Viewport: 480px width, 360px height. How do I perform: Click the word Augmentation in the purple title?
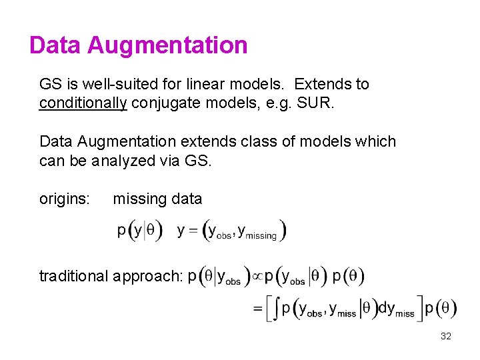[x=167, y=45]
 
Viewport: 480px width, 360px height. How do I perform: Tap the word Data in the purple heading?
[x=55, y=45]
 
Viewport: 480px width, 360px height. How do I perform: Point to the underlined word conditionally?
[x=83, y=103]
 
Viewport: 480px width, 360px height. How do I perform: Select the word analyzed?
[x=125, y=160]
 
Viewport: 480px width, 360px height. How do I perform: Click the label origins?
[x=65, y=199]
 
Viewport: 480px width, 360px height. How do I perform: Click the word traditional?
[x=75, y=276]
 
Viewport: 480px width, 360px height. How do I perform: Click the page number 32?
[x=446, y=337]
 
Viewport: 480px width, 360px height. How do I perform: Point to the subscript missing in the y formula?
[x=261, y=235]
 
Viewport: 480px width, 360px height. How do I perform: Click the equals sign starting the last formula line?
[x=257, y=309]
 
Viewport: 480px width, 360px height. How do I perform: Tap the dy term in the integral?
[x=386, y=308]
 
